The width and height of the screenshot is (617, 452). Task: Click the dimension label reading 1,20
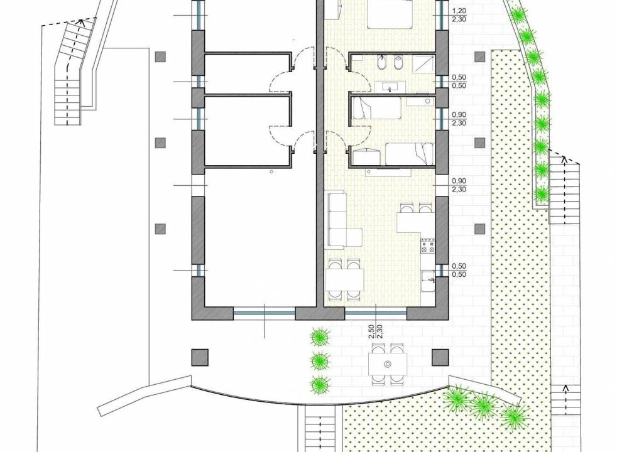point(459,11)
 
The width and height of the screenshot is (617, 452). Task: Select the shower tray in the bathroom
point(423,63)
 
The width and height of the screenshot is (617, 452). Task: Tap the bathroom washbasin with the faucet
point(390,87)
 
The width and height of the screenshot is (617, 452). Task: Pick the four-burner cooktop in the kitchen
point(428,245)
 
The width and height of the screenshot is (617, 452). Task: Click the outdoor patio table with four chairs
point(388,363)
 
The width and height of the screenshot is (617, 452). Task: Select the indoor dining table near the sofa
point(344,279)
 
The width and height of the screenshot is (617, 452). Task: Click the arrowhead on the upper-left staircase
point(82,21)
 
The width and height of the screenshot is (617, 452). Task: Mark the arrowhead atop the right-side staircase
point(564,159)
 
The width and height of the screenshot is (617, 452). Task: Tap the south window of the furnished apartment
point(375,313)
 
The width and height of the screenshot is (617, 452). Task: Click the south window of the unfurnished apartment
point(264,313)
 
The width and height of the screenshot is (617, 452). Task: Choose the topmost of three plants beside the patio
point(320,337)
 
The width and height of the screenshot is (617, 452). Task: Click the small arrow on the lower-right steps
point(566,389)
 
